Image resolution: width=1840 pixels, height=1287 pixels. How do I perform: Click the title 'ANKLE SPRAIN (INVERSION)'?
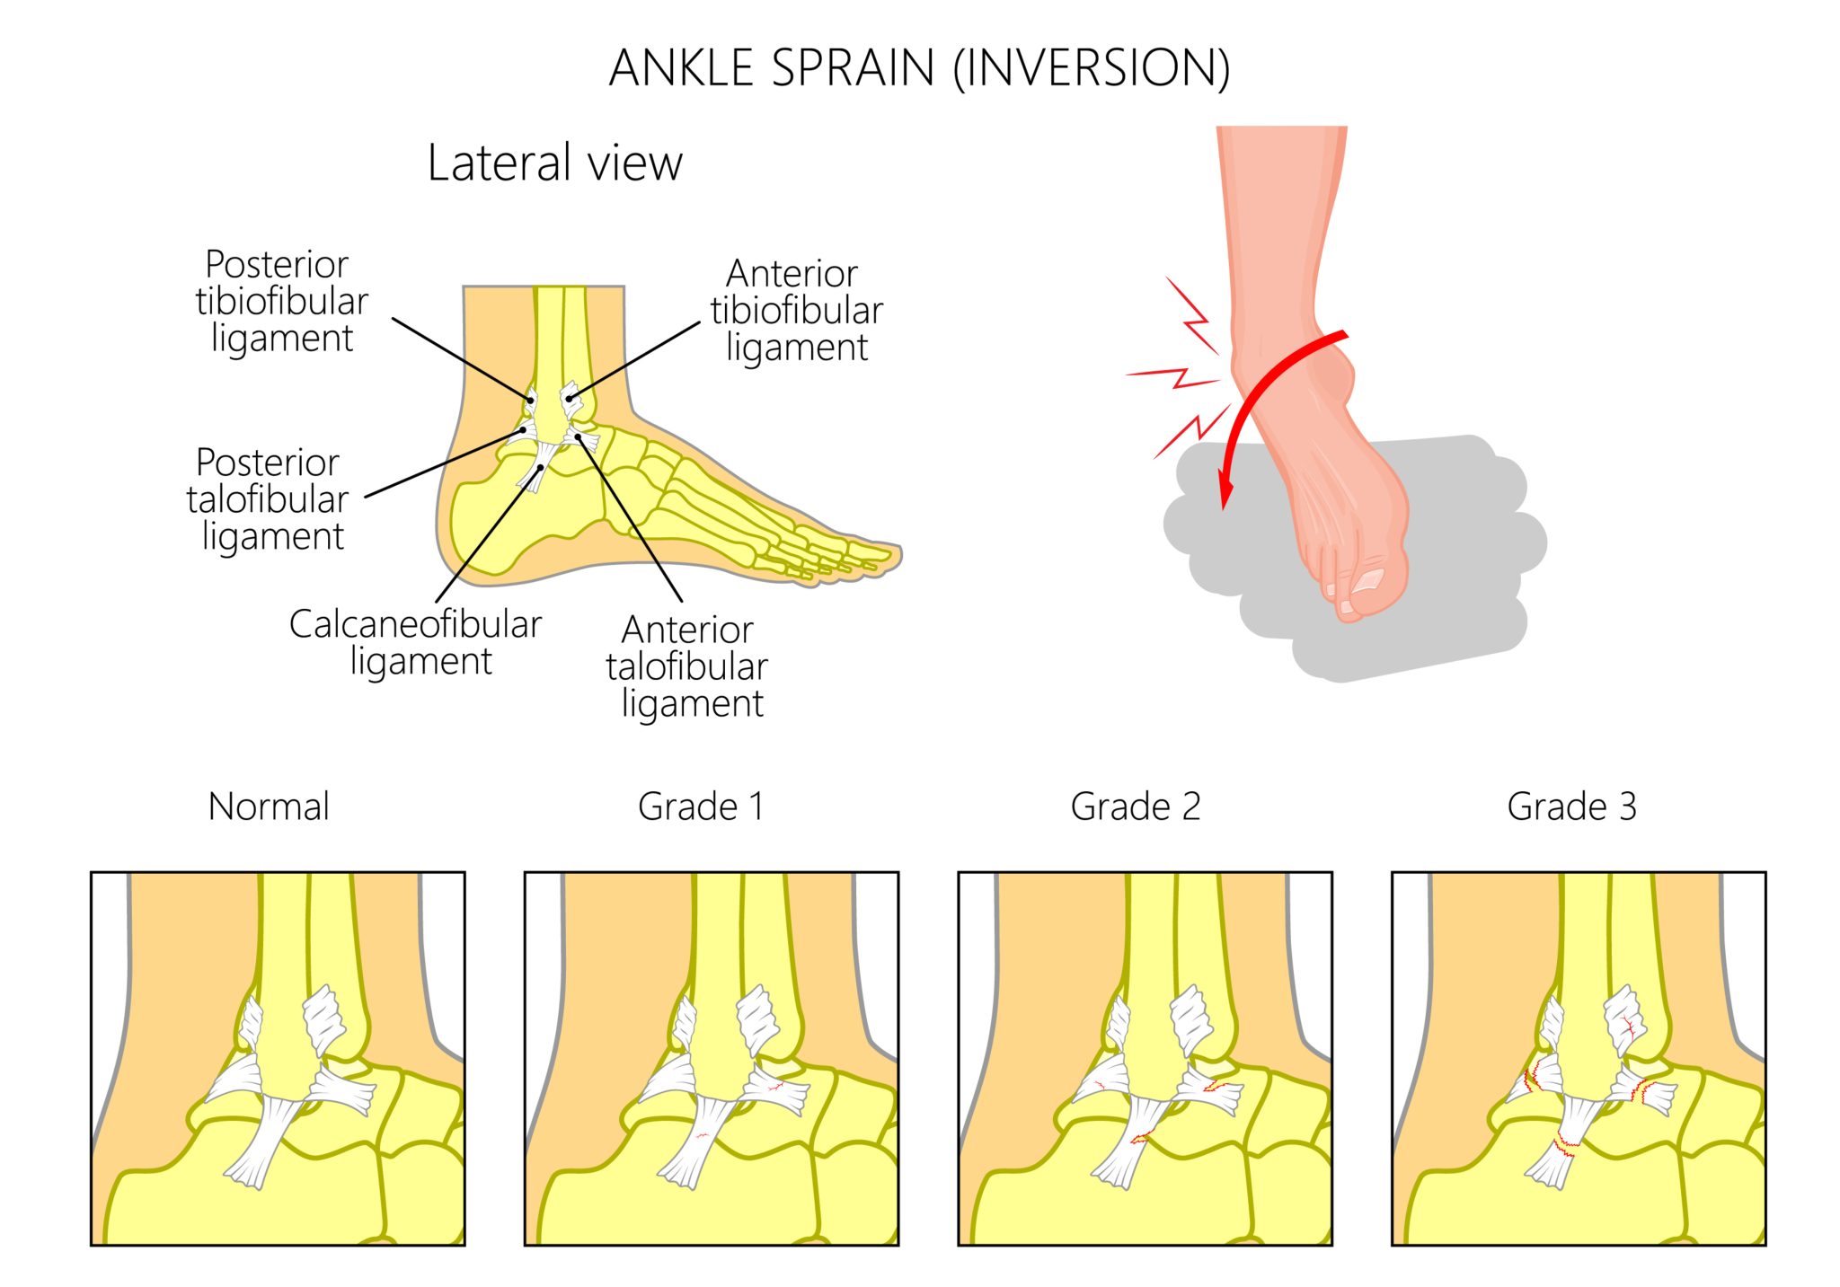tap(919, 68)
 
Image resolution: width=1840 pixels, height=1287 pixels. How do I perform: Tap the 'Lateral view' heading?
tap(554, 163)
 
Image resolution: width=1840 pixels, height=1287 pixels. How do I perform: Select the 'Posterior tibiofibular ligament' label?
tap(281, 302)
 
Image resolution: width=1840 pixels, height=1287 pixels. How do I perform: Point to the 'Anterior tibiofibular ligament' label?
tap(796, 311)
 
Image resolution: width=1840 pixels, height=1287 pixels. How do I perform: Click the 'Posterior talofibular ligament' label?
tap(268, 499)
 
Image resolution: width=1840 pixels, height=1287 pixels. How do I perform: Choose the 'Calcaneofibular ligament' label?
tap(415, 642)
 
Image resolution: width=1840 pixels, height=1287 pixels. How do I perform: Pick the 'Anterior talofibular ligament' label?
tap(687, 666)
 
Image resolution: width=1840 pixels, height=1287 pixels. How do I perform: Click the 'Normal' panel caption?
tap(269, 807)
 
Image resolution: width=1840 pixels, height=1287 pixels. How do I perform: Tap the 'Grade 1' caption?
tap(701, 807)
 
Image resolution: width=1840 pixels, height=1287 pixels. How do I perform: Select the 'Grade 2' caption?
tap(1136, 807)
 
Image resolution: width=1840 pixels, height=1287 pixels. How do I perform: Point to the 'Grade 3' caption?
tap(1571, 807)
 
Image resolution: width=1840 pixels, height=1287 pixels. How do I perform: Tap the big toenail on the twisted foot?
tap(1368, 579)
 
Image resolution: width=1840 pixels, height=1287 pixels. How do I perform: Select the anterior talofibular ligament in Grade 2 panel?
tap(1213, 1091)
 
